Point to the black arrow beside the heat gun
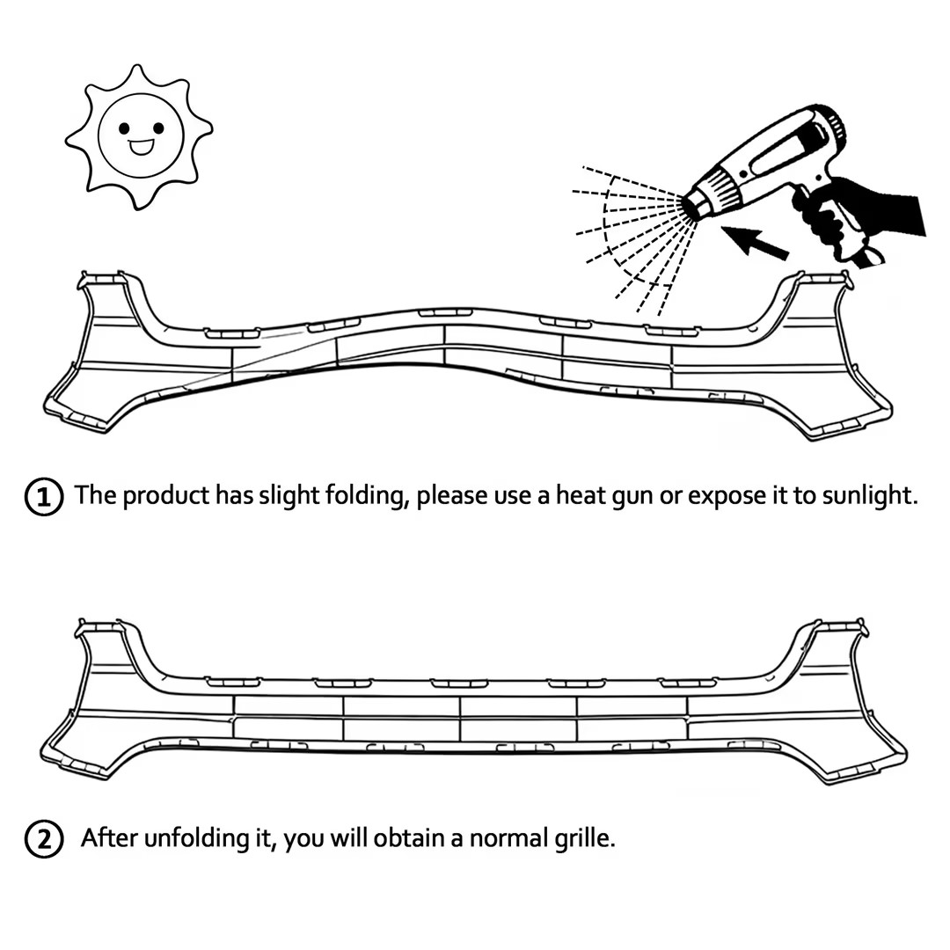(756, 241)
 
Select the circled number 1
(43, 498)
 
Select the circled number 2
(43, 840)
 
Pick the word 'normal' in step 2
(507, 838)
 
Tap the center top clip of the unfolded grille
(459, 683)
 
